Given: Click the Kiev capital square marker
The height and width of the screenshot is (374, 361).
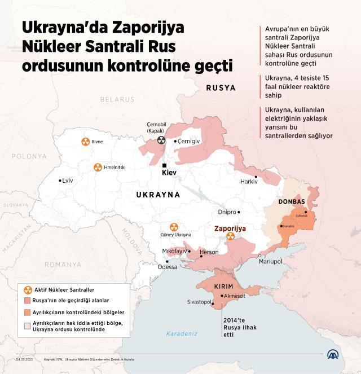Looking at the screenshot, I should (x=164, y=165).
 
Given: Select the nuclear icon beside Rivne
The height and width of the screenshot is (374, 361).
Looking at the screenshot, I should (x=85, y=142).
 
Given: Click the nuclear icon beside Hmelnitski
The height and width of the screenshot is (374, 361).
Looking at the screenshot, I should (x=98, y=168).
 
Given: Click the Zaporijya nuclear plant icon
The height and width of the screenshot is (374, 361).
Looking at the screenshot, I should (x=230, y=237).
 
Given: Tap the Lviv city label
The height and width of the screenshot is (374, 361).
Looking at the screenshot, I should (x=68, y=181).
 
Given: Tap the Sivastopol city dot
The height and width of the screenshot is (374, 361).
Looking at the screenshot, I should (x=214, y=303).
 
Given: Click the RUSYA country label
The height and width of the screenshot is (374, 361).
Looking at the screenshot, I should (x=221, y=88).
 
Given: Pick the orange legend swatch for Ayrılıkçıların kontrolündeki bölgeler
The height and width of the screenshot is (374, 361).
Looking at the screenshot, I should (x=28, y=312).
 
